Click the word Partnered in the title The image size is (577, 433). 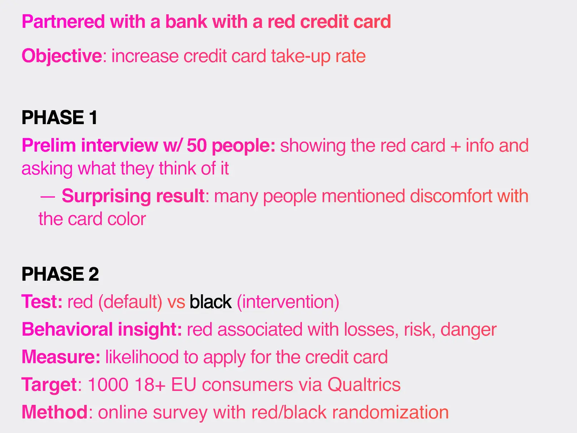coord(64,21)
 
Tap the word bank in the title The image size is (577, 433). coord(186,21)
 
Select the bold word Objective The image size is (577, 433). coord(62,56)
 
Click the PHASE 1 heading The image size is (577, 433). coord(60,117)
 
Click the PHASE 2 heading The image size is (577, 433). coord(60,274)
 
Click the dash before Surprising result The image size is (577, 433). coord(47,197)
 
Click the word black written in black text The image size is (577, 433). coord(210,302)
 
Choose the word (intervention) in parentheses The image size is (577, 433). coord(288,302)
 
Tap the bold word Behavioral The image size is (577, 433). coord(67,329)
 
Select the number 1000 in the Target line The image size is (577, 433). coord(108,384)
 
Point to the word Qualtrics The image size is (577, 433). coord(364,384)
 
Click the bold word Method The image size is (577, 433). coord(54,412)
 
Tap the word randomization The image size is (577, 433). coord(390,412)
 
